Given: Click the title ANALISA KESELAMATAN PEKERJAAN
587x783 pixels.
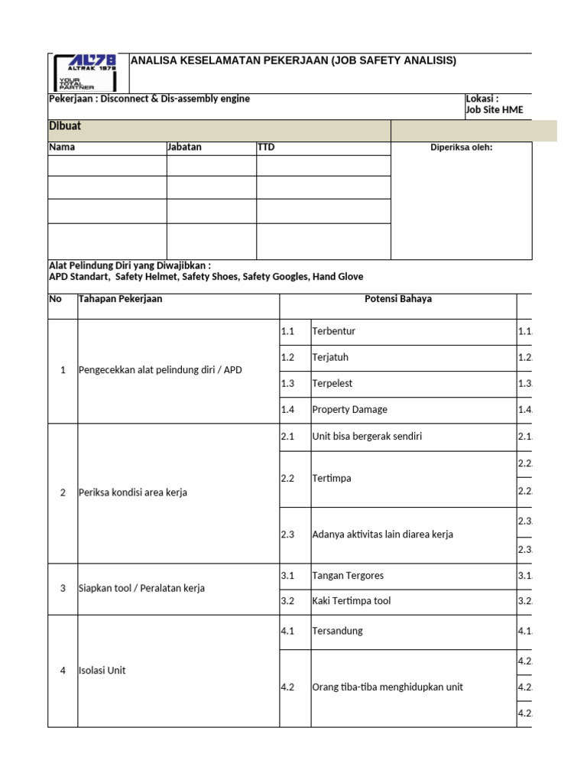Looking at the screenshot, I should [294, 60].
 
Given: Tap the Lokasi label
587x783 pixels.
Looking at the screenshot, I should [482, 99].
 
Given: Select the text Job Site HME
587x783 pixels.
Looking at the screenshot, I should [495, 110].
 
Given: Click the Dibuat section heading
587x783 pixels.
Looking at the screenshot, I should [65, 126].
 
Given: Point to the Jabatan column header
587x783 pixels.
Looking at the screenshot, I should [184, 147].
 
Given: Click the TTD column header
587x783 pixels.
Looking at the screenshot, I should [266, 147].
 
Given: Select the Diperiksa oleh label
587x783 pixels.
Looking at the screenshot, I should [462, 148].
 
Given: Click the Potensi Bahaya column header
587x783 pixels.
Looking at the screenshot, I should [398, 299].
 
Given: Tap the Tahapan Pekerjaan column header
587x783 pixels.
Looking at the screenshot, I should [121, 299].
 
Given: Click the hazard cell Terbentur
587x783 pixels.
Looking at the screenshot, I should [334, 331].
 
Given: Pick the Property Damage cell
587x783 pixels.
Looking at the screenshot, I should [349, 409].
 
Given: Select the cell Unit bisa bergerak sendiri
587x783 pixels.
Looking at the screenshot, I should [367, 436].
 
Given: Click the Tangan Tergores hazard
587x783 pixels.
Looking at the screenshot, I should [348, 576].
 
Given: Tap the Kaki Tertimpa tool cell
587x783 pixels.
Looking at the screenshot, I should [351, 601].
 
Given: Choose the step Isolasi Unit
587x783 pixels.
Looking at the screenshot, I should [102, 671].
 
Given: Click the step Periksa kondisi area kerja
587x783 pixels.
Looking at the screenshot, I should [133, 492].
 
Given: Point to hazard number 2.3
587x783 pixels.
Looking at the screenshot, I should [288, 534].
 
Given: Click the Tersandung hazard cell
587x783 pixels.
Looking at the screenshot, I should [337, 631].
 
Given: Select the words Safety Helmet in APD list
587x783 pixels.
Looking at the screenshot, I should [148, 276].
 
